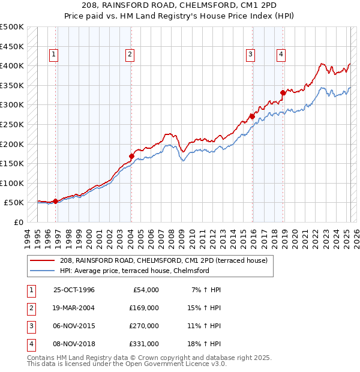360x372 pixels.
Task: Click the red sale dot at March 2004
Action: [x=131, y=156]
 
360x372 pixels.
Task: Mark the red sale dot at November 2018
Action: [x=283, y=92]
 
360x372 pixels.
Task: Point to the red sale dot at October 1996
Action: [x=55, y=201]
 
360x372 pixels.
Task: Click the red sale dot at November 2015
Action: [x=252, y=116]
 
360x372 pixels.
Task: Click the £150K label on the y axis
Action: [x=12, y=163]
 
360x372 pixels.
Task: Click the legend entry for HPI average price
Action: [x=134, y=271]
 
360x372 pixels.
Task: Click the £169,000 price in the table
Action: [x=144, y=308]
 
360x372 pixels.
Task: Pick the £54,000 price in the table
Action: [x=146, y=290]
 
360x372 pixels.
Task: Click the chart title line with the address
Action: [x=180, y=6]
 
